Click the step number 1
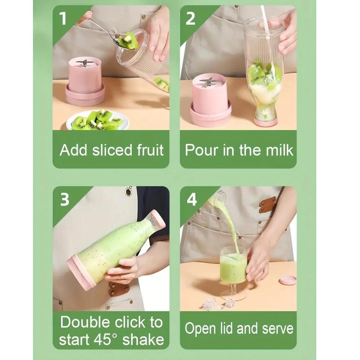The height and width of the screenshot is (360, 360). point(64,18)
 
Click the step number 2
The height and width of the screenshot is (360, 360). point(191,18)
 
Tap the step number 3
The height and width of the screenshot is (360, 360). point(64,199)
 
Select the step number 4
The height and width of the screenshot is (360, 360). point(192,199)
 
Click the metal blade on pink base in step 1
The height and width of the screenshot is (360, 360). point(85,63)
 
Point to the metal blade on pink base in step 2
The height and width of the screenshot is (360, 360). point(208,81)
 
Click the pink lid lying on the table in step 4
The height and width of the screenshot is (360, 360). point(288,280)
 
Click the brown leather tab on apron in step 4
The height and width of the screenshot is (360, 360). point(268,204)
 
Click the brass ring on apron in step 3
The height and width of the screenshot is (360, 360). point(129,191)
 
